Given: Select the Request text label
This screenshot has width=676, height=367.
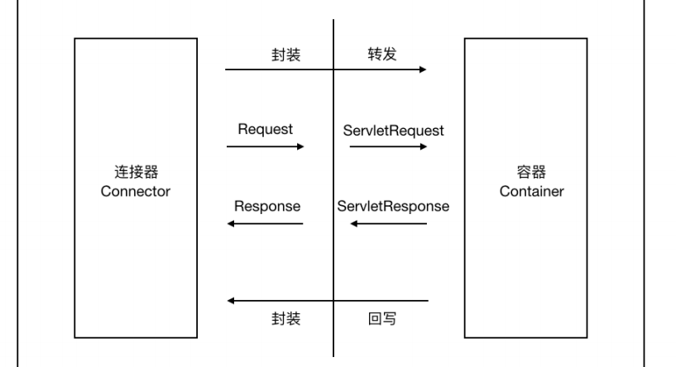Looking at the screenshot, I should [x=265, y=131].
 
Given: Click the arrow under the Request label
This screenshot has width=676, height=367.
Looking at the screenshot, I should [x=265, y=147].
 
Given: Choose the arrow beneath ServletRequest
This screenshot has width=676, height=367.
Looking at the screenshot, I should [x=388, y=147].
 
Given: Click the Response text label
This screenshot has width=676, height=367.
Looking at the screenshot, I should [x=266, y=206].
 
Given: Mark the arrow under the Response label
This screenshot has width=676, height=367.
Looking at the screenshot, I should [x=265, y=224].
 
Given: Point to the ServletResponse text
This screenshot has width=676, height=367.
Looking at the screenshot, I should [x=393, y=206].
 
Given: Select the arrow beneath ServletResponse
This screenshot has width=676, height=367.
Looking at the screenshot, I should [x=388, y=224].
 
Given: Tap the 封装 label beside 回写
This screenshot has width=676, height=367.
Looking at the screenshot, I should [x=285, y=318].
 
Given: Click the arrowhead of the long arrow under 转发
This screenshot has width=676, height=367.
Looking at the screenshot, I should [x=423, y=70].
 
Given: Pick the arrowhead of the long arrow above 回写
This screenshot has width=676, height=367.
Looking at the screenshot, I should [x=232, y=300].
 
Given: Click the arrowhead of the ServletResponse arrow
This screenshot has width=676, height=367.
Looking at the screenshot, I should [x=354, y=224].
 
